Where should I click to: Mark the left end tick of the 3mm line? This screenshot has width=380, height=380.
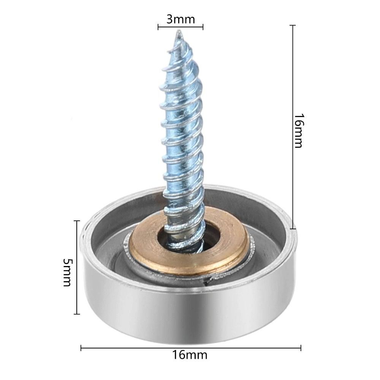click(158, 27)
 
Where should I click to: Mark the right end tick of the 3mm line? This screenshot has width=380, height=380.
click(203, 27)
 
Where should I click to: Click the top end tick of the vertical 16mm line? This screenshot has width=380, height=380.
click(293, 25)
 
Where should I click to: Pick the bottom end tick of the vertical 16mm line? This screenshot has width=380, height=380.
click(293, 229)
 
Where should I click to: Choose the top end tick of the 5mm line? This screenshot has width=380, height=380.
click(77, 221)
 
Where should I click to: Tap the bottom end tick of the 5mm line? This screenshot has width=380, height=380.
click(77, 314)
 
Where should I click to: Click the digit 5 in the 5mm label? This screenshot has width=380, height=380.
click(67, 262)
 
